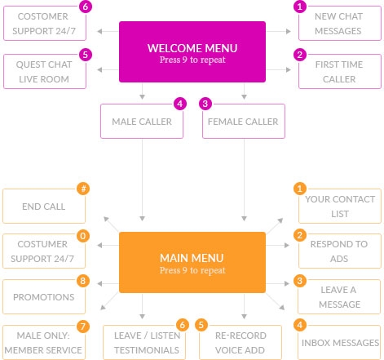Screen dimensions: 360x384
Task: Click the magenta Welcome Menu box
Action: point(192,52)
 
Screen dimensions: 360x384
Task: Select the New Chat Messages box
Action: point(338,24)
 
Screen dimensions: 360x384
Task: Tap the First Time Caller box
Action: point(338,72)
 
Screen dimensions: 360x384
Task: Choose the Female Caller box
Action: point(243,122)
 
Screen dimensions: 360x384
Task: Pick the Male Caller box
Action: point(142,122)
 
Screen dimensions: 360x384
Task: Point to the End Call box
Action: point(45,207)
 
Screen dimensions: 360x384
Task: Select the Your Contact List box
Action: point(338,207)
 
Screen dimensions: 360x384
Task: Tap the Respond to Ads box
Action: point(338,251)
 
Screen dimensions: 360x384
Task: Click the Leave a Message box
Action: point(338,297)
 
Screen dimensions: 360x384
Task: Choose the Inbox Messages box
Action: point(338,342)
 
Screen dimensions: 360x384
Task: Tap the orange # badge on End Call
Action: point(82,189)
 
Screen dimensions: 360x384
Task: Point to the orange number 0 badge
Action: point(82,235)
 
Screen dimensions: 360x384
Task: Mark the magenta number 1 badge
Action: point(299,7)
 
